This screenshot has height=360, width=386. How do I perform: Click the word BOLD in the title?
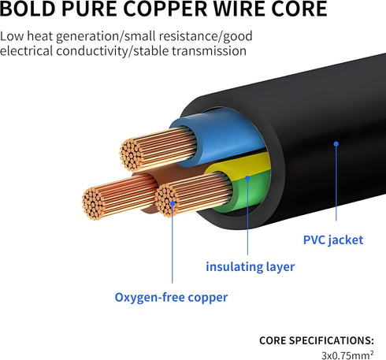(28, 9)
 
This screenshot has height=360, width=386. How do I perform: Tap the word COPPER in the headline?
(165, 9)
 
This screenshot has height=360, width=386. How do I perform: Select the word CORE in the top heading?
(299, 9)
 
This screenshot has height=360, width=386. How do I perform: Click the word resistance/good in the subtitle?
(206, 36)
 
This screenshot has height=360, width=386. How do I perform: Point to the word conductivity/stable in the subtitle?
(113, 50)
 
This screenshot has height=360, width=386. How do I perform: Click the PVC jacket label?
(333, 240)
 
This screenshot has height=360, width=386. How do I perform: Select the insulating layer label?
(251, 267)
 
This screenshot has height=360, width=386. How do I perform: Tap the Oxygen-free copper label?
(171, 298)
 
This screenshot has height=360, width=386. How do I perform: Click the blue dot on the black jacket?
(336, 144)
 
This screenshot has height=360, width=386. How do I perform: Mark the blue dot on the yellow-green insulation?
(247, 178)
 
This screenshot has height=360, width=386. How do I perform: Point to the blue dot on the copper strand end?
(173, 203)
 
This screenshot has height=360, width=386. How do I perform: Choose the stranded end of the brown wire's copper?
(93, 203)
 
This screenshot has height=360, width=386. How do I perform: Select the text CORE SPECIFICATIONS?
(317, 340)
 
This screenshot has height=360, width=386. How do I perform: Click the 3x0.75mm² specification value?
(347, 355)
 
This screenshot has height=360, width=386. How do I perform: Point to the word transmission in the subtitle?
(210, 50)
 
